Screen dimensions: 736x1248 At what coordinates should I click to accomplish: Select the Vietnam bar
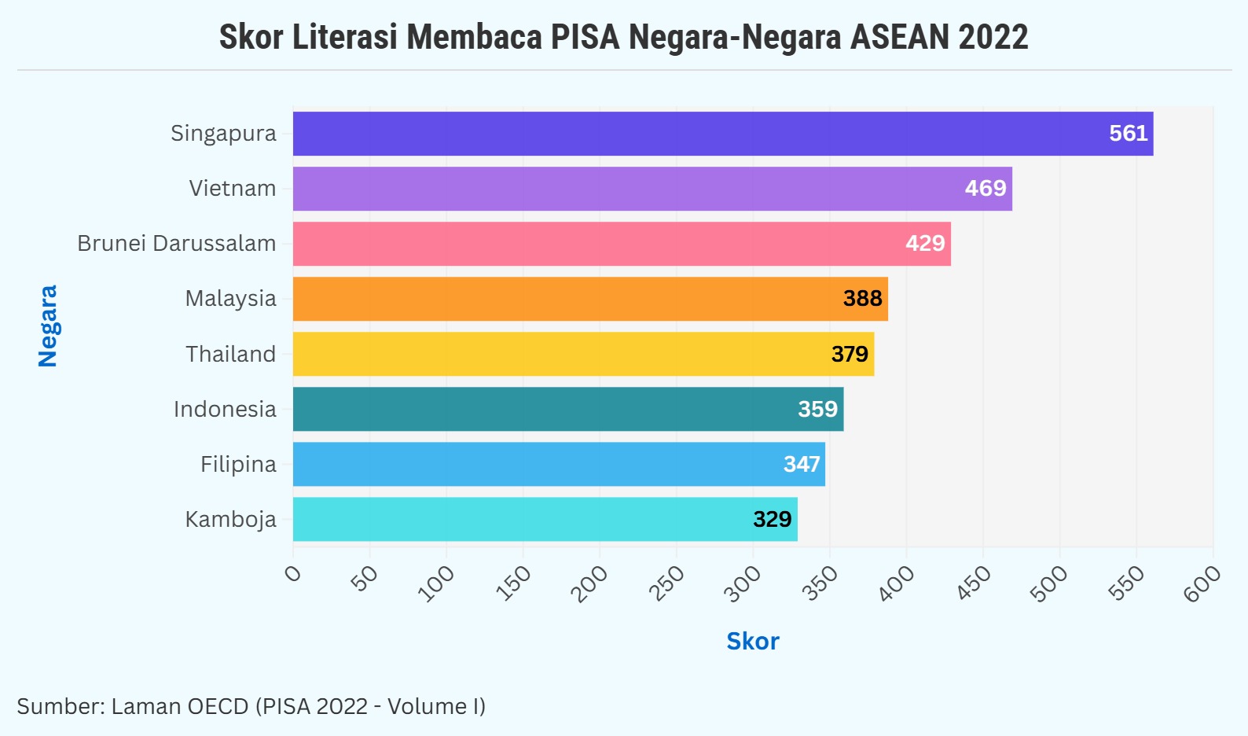pos(652,189)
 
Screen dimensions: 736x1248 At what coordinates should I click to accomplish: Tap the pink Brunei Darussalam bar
pos(622,244)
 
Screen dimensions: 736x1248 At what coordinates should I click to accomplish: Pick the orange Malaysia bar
pos(590,299)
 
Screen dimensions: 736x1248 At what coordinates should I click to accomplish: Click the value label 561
pos(1128,134)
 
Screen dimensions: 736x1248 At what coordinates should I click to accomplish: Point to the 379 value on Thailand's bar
pos(850,354)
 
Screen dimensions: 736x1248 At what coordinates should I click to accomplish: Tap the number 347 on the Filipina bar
pos(802,464)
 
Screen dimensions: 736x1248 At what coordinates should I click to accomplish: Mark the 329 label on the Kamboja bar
pos(772,519)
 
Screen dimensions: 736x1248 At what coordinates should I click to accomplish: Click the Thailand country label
pos(230,354)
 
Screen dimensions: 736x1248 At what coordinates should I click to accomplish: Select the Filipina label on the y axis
pos(238,464)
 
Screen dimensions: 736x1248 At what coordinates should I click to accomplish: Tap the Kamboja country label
pos(230,519)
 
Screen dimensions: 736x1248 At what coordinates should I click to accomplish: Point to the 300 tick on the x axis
pos(743,583)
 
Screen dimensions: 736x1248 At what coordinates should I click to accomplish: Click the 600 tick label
pos(1202,583)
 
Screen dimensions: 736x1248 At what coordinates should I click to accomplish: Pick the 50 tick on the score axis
pos(365,579)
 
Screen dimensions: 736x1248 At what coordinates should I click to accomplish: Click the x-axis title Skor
pos(752,642)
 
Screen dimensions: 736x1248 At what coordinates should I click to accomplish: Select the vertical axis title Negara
pos(48,326)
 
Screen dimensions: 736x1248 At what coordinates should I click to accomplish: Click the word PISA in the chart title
pos(585,37)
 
